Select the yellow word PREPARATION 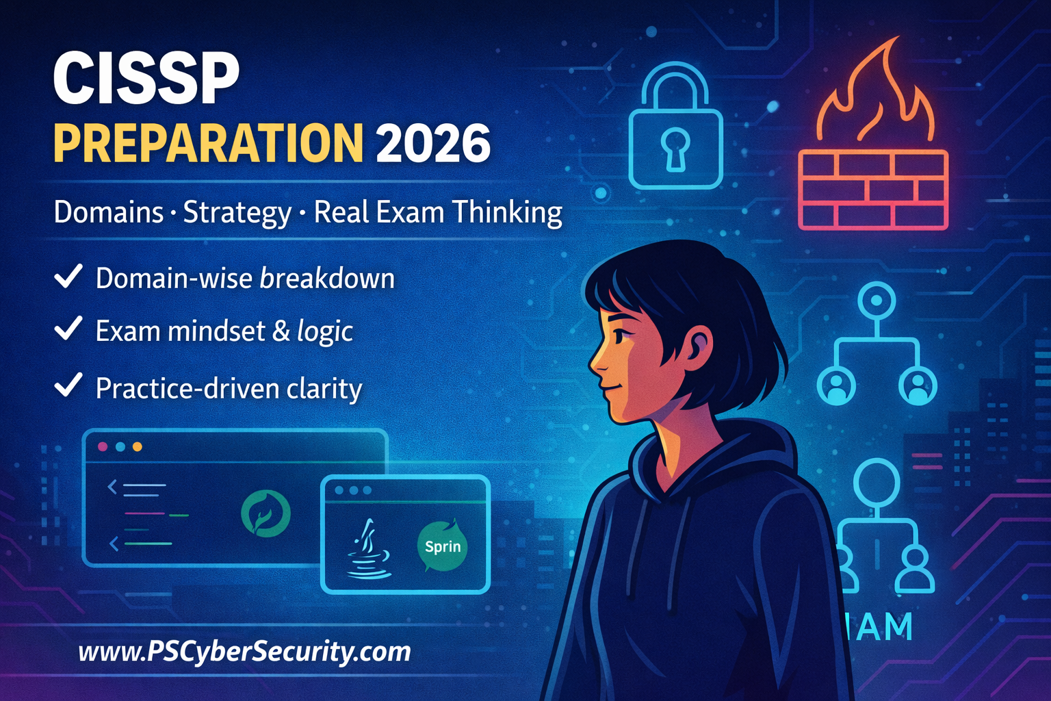click(x=207, y=143)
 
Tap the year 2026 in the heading click(x=432, y=143)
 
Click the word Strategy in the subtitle click(x=237, y=212)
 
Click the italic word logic click(x=325, y=331)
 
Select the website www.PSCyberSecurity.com click(x=244, y=651)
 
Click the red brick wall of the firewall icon click(x=873, y=190)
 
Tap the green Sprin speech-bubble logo click(x=442, y=546)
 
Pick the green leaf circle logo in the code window click(x=265, y=513)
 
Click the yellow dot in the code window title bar click(x=137, y=447)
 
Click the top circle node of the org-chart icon click(x=876, y=300)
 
